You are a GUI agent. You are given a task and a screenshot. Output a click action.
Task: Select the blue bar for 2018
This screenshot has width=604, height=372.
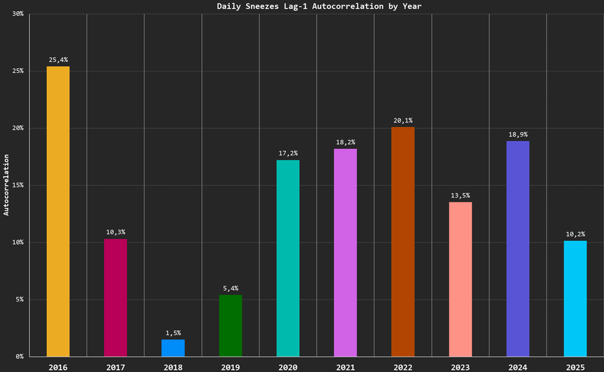(173, 348)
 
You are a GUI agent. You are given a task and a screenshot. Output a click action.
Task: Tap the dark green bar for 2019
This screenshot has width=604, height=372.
(230, 326)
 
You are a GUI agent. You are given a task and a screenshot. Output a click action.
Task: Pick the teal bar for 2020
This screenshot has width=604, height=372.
(288, 258)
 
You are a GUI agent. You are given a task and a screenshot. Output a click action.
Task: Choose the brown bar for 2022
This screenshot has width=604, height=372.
(403, 242)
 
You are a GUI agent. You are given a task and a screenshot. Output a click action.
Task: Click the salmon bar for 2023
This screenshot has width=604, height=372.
(460, 279)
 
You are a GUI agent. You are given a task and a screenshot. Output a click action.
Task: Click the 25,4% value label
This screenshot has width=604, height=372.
(58, 59)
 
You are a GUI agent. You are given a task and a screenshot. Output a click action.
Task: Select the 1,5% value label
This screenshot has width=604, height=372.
(173, 333)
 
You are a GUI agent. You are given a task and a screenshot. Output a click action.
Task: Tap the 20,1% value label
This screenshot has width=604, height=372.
(403, 120)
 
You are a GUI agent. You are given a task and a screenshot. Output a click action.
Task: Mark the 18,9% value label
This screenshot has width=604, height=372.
(518, 134)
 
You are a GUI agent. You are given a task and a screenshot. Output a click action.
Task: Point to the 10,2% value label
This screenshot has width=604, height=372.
(575, 234)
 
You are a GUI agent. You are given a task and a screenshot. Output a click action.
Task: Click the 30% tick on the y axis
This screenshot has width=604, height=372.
(17, 14)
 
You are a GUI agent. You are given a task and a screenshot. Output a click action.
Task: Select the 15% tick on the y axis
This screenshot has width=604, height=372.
(17, 185)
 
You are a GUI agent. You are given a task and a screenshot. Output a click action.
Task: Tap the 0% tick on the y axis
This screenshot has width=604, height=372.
(20, 356)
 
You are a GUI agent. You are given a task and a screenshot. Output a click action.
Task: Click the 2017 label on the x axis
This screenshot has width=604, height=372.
(116, 367)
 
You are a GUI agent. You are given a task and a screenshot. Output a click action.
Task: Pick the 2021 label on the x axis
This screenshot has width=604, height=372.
(345, 367)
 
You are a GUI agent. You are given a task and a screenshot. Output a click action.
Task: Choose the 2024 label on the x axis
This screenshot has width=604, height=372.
(518, 367)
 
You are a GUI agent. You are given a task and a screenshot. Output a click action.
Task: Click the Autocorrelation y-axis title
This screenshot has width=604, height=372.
(7, 185)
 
